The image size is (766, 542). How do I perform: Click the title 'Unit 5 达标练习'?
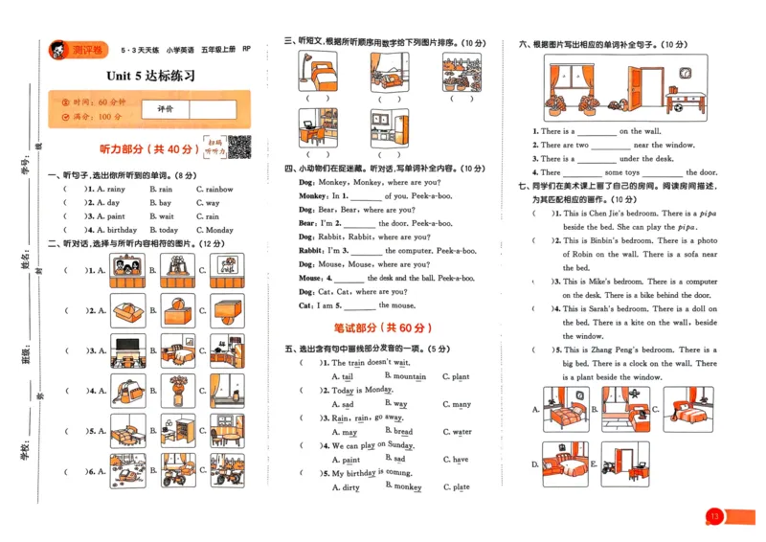click(150, 76)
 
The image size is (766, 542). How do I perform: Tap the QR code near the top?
click(238, 147)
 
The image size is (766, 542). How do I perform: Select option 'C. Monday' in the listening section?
click(214, 230)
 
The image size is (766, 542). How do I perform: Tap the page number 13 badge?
click(713, 517)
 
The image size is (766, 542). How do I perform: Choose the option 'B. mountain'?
click(405, 377)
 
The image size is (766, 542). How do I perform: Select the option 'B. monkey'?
click(403, 487)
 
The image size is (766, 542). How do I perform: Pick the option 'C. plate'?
click(456, 487)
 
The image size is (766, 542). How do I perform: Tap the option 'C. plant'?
click(456, 377)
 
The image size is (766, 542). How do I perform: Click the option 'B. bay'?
click(161, 203)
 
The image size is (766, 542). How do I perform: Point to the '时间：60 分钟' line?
click(94, 102)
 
